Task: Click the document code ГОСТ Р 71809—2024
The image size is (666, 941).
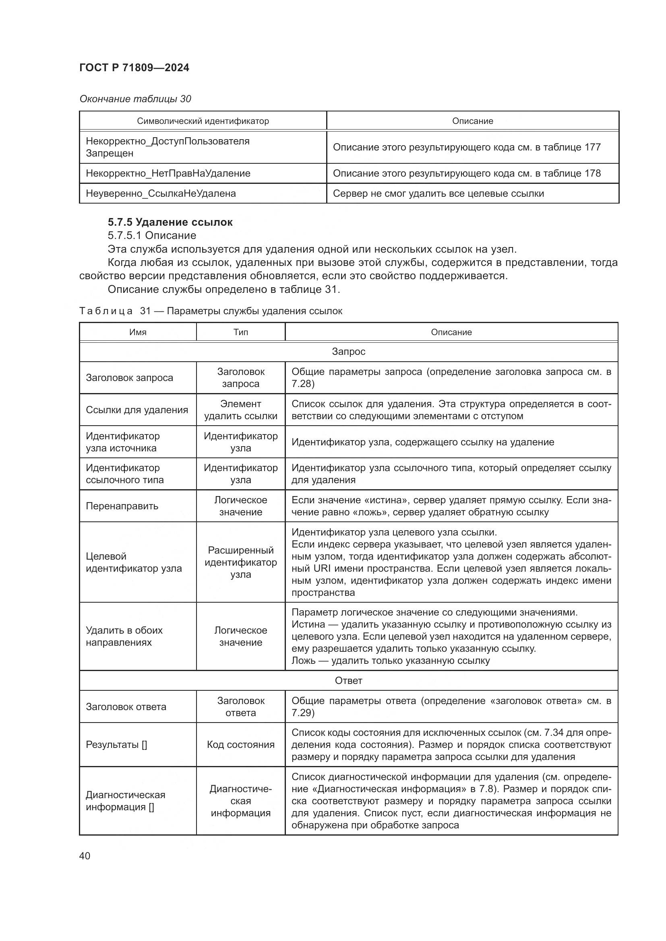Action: pos(134,68)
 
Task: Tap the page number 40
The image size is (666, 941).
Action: pos(85,855)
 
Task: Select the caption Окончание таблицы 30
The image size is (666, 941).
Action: pos(135,99)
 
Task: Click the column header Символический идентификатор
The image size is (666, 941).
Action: pos(203,121)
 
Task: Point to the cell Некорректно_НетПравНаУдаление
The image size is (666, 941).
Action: pos(168,173)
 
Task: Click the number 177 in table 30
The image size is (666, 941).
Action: pos(593,147)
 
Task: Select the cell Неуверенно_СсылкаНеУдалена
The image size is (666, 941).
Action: pos(161,194)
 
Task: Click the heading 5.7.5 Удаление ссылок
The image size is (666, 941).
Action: pos(170,222)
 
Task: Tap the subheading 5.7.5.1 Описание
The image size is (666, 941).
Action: pos(152,235)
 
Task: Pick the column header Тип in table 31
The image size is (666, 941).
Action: pos(241,332)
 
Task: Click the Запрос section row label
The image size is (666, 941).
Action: pos(348,352)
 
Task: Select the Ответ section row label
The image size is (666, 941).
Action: pos(348,681)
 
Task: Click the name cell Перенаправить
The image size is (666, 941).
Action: pos(122,506)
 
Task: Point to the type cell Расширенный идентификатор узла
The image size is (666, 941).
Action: pos(241,562)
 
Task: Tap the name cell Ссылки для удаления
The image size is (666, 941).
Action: pos(137,410)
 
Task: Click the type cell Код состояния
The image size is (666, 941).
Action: pos(241,745)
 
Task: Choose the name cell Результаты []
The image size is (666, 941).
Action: pos(116,745)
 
